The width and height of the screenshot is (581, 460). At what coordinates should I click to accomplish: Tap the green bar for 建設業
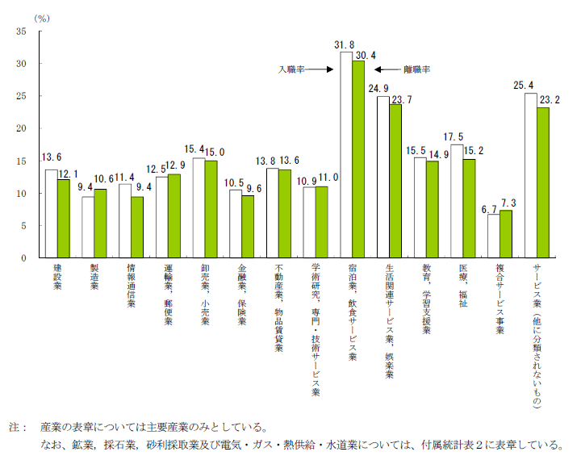[63, 218]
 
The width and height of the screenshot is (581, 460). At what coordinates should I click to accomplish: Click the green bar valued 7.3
[506, 234]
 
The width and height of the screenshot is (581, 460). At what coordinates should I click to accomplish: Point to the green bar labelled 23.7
[395, 181]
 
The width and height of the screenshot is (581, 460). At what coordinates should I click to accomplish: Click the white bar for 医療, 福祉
[457, 201]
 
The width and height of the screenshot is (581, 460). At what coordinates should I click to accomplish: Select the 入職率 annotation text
[291, 70]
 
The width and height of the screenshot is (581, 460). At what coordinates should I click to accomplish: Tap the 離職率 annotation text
[416, 70]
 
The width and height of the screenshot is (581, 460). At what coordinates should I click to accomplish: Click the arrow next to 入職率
[320, 70]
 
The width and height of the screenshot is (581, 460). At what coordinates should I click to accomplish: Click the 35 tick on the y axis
[21, 31]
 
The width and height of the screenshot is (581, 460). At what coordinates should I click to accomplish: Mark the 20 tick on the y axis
[21, 128]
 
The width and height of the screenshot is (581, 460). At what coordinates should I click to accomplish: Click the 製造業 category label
[94, 278]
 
